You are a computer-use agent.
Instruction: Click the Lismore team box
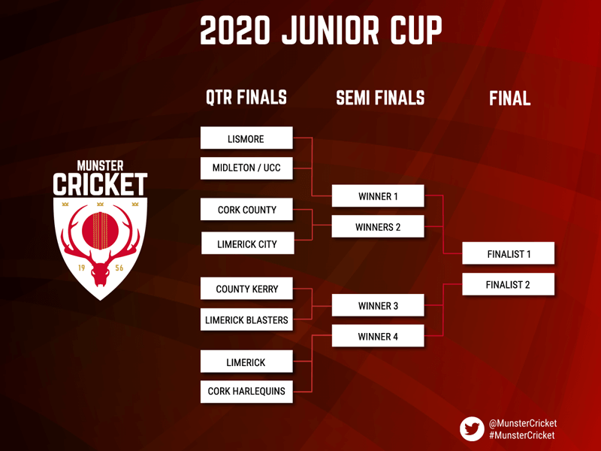click(x=246, y=138)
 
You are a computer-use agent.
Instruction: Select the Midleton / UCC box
click(x=246, y=168)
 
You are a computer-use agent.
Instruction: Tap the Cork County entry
click(x=246, y=210)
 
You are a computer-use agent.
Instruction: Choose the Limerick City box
click(x=248, y=243)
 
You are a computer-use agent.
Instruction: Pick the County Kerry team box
click(x=246, y=289)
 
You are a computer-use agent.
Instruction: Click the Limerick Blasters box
click(x=246, y=319)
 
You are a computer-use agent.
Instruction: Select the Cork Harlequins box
click(x=246, y=392)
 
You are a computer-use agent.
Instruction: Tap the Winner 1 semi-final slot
click(x=378, y=196)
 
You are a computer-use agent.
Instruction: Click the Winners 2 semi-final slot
click(x=378, y=227)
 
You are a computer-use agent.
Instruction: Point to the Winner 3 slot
click(x=378, y=305)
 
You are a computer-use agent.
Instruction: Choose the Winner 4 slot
click(x=378, y=336)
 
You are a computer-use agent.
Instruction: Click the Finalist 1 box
click(x=509, y=253)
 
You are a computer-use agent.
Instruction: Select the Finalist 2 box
click(x=509, y=284)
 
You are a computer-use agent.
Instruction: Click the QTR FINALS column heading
click(x=246, y=98)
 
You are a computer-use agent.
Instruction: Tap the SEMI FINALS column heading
click(x=380, y=98)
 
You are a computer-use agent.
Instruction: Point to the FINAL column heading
click(x=510, y=98)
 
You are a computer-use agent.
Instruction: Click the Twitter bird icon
click(x=473, y=428)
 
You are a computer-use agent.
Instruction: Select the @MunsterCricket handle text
click(x=523, y=423)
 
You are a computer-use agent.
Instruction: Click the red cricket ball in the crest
click(x=100, y=231)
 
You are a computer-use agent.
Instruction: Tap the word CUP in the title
click(x=416, y=30)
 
